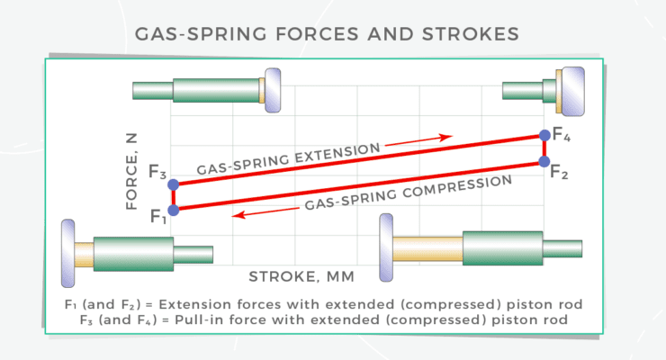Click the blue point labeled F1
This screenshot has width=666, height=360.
pos(174,209)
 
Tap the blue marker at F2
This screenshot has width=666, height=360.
pos(544,161)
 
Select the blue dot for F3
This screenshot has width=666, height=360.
pos(174,184)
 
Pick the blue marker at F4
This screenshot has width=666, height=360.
pos(544,136)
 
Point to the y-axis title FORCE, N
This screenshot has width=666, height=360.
pos(132,167)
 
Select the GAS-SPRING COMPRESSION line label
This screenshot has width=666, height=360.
pos(409,192)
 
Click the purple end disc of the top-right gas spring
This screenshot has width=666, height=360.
pos(571,90)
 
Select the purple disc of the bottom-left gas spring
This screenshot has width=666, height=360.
pos(68,244)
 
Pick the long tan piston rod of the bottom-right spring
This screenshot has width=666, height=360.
pos(427,247)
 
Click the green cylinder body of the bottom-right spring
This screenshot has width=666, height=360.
pos(503,247)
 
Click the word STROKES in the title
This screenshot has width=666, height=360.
pos(477,35)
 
